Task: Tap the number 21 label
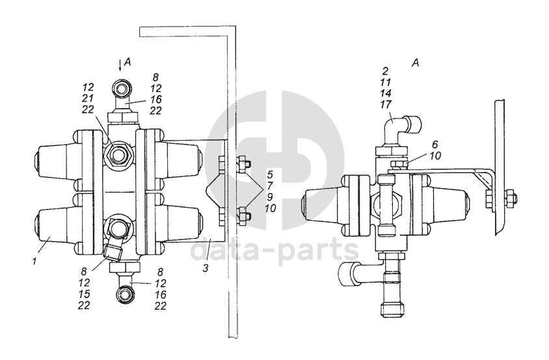(89, 97)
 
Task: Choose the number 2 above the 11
(386, 71)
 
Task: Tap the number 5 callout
(269, 174)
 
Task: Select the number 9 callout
(269, 197)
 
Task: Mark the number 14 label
(386, 92)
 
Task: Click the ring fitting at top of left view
(122, 88)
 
